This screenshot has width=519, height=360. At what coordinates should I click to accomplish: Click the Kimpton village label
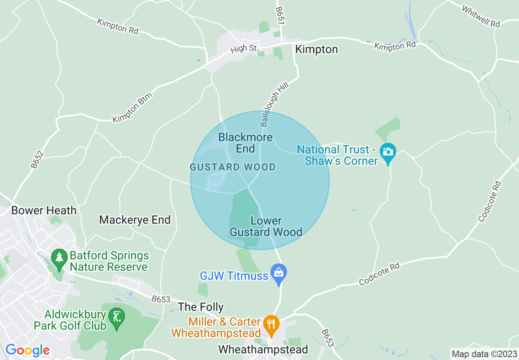(x=316, y=49)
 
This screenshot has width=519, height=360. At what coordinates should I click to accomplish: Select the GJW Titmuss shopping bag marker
(x=279, y=273)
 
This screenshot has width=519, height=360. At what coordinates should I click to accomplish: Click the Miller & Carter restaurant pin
(x=271, y=324)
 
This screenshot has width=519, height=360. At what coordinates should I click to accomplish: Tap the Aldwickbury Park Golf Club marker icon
(x=117, y=317)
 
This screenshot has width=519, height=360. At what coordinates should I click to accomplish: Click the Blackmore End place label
(x=245, y=143)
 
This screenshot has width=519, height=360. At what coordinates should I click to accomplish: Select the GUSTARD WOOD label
(x=232, y=167)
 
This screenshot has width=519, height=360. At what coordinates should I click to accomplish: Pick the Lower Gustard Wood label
(x=266, y=227)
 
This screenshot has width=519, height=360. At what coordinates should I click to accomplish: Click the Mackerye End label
(x=135, y=220)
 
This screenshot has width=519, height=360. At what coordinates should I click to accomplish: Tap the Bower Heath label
(x=44, y=211)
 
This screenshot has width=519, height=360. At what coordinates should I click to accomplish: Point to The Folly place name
(x=201, y=307)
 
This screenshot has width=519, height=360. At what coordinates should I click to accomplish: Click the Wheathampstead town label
(x=263, y=350)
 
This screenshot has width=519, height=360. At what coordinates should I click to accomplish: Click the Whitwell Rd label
(x=481, y=16)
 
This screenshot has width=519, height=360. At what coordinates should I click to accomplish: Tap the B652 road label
(x=37, y=160)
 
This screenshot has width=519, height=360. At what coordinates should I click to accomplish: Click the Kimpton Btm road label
(x=133, y=108)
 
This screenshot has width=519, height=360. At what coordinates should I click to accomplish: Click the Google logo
(x=27, y=350)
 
